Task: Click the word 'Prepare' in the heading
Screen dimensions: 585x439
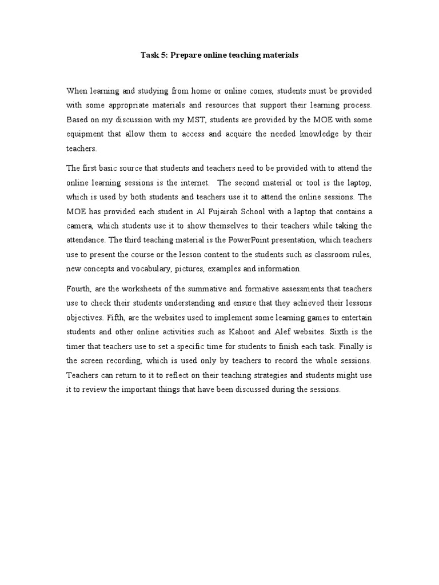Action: (x=184, y=55)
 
